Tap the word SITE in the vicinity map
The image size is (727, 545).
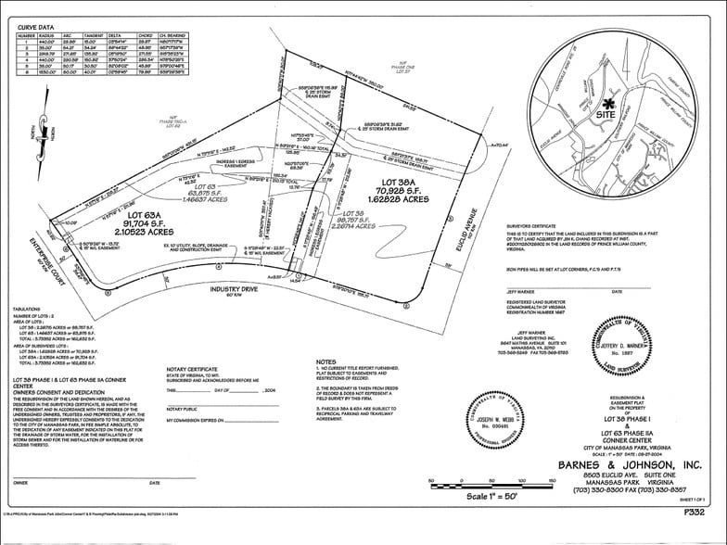606,119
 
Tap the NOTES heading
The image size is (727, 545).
326,361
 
